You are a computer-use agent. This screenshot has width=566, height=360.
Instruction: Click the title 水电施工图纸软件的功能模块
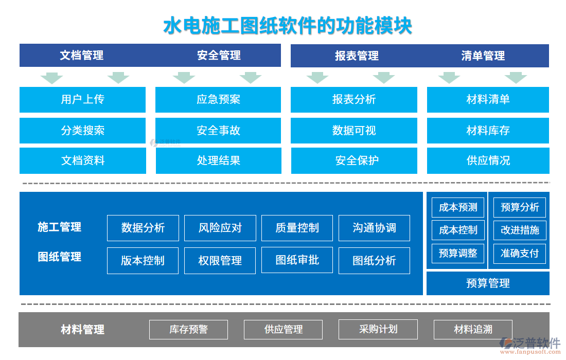point(287,26)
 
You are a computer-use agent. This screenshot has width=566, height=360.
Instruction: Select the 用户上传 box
point(82,99)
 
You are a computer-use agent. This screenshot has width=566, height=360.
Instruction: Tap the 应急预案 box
point(218,99)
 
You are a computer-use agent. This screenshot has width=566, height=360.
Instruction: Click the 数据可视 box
point(354,131)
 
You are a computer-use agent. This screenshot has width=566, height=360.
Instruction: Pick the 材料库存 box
point(488,131)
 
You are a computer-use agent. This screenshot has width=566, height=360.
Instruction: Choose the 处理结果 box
point(218,160)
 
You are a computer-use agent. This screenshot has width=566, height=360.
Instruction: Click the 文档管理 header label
point(82,55)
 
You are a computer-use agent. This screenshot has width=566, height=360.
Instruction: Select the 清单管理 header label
point(483,56)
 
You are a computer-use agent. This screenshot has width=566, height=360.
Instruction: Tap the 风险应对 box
point(220,228)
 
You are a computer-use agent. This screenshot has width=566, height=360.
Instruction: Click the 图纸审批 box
point(297,260)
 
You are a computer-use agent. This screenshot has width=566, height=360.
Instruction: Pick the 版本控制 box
point(143,261)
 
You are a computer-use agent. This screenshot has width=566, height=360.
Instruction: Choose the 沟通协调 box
point(374,228)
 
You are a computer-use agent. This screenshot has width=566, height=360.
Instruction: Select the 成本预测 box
point(458,207)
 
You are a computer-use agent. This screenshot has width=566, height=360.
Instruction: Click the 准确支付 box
point(520,253)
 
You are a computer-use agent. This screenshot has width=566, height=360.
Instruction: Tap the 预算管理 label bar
point(488,283)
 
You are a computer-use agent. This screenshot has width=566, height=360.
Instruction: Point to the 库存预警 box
point(188,329)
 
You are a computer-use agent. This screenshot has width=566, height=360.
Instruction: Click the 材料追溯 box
point(473,329)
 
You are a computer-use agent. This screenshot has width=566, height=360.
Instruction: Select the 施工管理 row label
point(60,227)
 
